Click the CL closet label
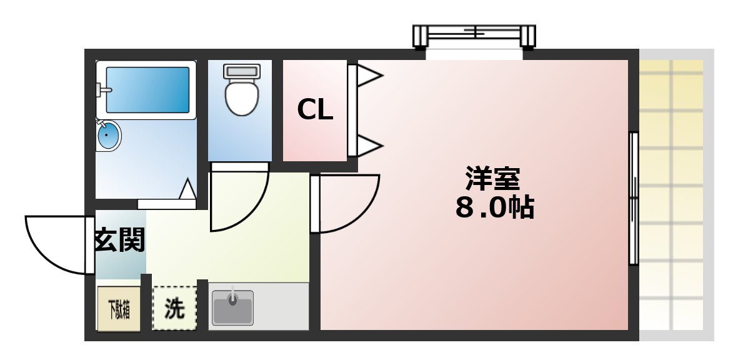pos(315,111)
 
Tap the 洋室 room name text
pos(492,178)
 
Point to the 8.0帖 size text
pos(494,208)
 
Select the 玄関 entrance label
pos(119,239)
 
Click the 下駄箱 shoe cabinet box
pos(118,309)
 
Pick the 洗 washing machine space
pos(174,308)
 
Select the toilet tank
pos(241,71)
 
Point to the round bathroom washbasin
pos(109,135)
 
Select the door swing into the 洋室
pos(347,201)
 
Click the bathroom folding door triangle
pos(187,189)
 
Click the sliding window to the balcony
pos(634,198)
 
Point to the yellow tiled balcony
pos(675,194)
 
